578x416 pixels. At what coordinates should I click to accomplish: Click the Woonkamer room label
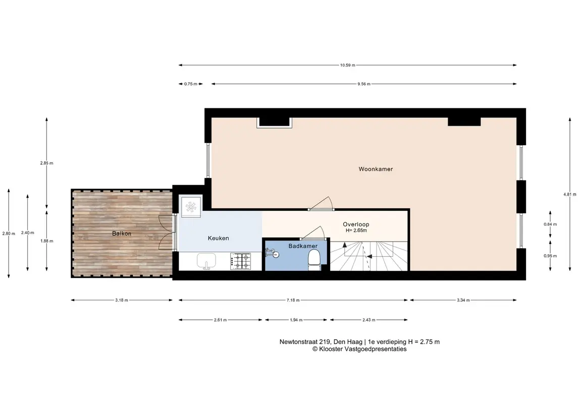[376, 169]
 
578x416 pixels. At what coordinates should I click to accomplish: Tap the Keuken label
[218, 238]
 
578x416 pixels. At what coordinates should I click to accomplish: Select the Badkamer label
[303, 246]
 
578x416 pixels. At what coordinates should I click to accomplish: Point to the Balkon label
[122, 233]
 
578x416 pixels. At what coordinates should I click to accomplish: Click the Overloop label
[356, 224]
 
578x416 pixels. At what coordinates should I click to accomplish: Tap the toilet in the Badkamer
[314, 260]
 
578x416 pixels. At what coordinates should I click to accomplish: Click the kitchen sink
[206, 261]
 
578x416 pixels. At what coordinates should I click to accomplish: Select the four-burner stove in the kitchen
[240, 261]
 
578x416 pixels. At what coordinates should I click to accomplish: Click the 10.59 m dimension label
[348, 65]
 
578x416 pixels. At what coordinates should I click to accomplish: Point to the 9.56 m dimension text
[364, 84]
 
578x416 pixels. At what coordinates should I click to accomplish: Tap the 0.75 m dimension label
[191, 84]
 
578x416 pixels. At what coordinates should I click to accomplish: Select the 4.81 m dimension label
[569, 194]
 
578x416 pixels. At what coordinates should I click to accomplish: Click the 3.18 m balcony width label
[122, 300]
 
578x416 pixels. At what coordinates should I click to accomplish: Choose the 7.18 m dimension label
[293, 300]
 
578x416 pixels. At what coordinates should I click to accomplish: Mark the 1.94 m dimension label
[296, 320]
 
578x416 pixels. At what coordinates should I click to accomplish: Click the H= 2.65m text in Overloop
[356, 230]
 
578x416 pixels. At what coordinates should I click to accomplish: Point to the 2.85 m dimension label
[47, 163]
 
